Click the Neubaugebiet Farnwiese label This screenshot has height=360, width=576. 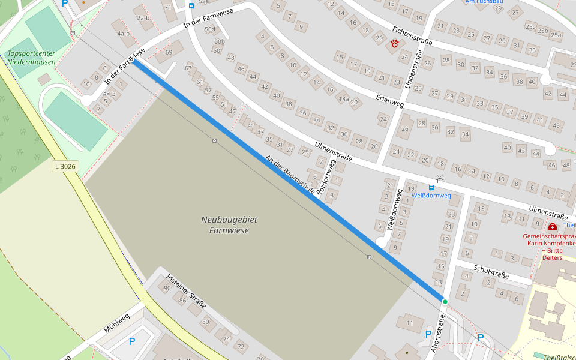[x=225, y=225]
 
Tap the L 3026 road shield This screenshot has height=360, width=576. [x=65, y=166]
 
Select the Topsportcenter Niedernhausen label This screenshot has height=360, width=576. [x=31, y=58]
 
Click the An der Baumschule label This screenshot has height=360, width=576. [x=290, y=174]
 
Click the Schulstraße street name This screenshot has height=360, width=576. [x=491, y=272]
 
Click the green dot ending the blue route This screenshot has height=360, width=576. [x=445, y=301]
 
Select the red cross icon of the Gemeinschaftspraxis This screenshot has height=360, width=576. [x=552, y=226]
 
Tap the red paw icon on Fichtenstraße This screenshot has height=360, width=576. [x=395, y=43]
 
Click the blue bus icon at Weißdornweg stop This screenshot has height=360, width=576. [x=431, y=187]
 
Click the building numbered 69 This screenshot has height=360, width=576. [x=169, y=52]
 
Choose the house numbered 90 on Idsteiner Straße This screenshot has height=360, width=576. [x=167, y=288]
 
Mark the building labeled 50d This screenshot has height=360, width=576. [x=209, y=29]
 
